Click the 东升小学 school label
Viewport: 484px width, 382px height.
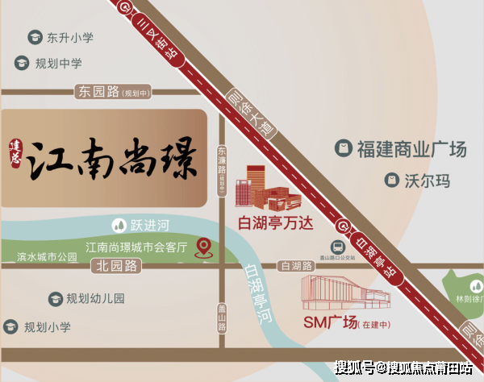[x=69, y=38]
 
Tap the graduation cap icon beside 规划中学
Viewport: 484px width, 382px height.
[x=21, y=63]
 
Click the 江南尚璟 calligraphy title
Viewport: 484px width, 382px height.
[x=114, y=159]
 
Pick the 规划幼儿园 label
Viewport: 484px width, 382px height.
[x=96, y=298]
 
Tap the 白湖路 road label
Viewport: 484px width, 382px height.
[x=294, y=266]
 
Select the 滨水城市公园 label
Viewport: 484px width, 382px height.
[x=47, y=257]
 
